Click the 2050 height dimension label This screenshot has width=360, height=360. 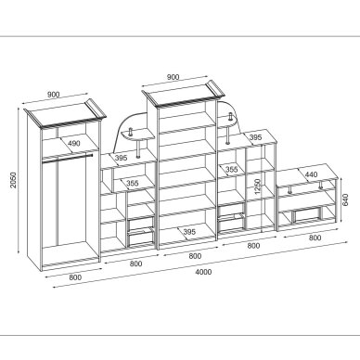pos(13,180)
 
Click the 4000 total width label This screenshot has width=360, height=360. pos(204,272)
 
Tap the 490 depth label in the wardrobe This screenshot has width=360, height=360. pos(74,143)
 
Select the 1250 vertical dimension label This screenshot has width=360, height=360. pos(258,186)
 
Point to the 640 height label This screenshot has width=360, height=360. pos(345,199)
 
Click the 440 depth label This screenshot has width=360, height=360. pos(311,174)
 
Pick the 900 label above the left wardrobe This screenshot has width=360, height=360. pos(54,95)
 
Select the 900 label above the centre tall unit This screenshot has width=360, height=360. pos(173,77)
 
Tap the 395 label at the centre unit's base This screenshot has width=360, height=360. pos(189,231)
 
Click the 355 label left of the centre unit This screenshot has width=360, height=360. pos(133,183)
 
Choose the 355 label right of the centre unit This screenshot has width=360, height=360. pos(231,169)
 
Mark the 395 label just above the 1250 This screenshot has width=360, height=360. pos(255,137)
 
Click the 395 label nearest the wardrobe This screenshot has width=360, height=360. pos(121,158)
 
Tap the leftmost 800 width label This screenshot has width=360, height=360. pos(75,277)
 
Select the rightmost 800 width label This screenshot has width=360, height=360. pos(315,238)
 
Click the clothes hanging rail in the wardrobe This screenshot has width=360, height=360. pos(68,157)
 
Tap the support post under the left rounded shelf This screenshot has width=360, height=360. pos(138,149)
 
